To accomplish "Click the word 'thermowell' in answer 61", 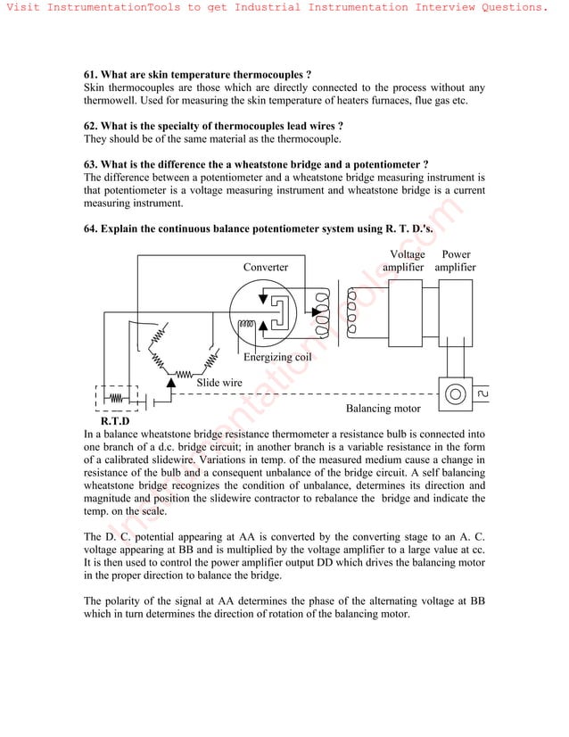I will click(x=113, y=101).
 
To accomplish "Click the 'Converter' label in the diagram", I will click(x=266, y=268).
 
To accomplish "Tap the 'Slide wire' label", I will click(x=219, y=383).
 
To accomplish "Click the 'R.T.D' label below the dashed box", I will click(x=115, y=420).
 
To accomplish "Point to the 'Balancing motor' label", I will click(x=383, y=409).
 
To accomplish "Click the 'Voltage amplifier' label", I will click(x=403, y=261).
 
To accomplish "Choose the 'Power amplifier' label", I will click(x=456, y=261).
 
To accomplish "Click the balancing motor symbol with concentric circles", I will click(x=456, y=393).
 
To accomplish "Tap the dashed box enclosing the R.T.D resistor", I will click(x=116, y=398).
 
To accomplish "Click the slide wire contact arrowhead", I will click(x=170, y=382).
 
